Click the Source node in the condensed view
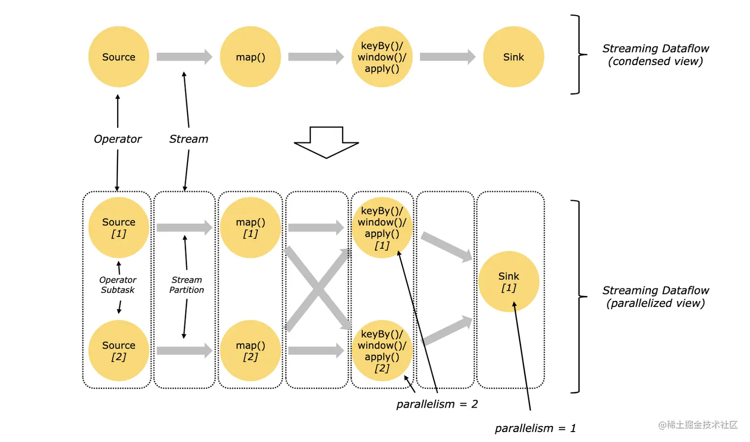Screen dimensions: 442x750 119,57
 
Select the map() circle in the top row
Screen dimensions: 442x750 250,57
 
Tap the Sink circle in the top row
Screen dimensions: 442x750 513,57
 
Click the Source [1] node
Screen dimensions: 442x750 119,227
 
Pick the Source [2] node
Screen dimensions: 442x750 119,351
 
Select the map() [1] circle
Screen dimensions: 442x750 250,227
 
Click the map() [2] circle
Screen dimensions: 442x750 250,351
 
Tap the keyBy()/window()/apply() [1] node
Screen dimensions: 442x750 382,227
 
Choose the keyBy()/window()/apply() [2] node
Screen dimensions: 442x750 382,351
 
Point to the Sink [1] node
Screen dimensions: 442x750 508,282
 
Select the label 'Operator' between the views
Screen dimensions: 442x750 118,139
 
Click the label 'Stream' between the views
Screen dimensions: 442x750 188,139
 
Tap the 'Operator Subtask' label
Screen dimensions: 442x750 118,285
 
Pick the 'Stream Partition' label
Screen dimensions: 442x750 187,285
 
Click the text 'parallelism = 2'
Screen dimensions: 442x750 437,404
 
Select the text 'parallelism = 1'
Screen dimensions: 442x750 535,428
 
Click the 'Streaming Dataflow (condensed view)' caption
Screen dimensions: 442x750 655,55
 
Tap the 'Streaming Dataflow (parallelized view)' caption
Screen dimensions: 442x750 655,296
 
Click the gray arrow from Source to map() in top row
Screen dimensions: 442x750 184,57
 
